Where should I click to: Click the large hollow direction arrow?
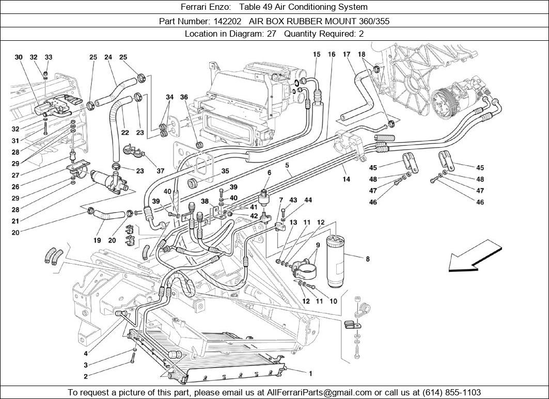[474, 259]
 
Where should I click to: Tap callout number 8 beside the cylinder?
[367, 259]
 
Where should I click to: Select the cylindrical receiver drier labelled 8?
[338, 261]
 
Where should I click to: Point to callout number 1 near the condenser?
[310, 373]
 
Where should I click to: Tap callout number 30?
[19, 57]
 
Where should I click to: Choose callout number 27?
[15, 175]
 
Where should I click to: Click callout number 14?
[346, 179]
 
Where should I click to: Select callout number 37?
[160, 171]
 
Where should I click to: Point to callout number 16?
[332, 54]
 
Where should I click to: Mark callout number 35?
[225, 171]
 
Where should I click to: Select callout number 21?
[15, 221]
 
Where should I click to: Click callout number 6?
[269, 172]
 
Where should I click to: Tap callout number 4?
[85, 354]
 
